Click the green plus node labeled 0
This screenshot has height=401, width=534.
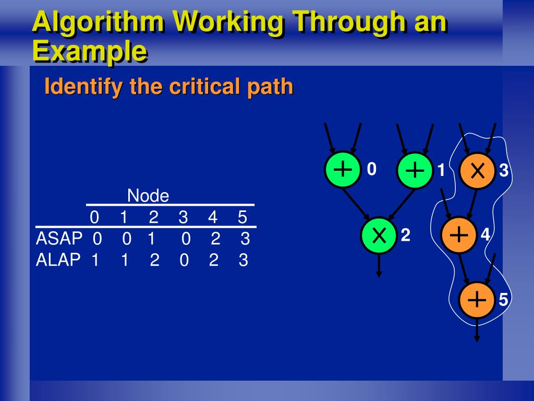pos(343,170)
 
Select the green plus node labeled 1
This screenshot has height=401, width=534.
pos(415,171)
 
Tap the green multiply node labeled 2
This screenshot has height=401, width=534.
pos(379,236)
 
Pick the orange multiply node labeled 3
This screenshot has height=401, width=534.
pos(477,171)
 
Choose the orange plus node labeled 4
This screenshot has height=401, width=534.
pos(458,235)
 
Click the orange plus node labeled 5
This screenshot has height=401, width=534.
pos(477,300)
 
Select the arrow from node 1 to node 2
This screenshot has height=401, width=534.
pos(399,203)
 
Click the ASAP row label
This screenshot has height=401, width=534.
pos(59,239)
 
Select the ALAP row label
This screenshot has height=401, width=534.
pos(58,260)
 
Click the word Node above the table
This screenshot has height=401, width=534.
pos(148,196)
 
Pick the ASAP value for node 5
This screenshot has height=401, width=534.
pos(245,239)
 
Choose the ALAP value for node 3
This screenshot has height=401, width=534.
pos(184,260)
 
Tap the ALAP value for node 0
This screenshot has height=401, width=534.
pos(95,260)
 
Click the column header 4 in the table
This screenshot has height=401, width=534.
pos(213,217)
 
